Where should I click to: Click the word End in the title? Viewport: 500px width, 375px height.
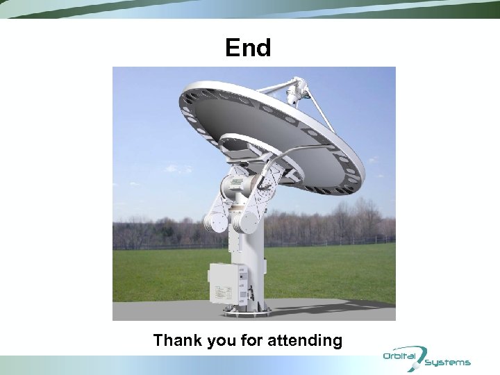pyautogui.click(x=248, y=48)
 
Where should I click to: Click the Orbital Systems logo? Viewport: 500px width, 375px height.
pyautogui.click(x=426, y=358)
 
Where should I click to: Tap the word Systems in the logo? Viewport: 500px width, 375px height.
pyautogui.click(x=448, y=362)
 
